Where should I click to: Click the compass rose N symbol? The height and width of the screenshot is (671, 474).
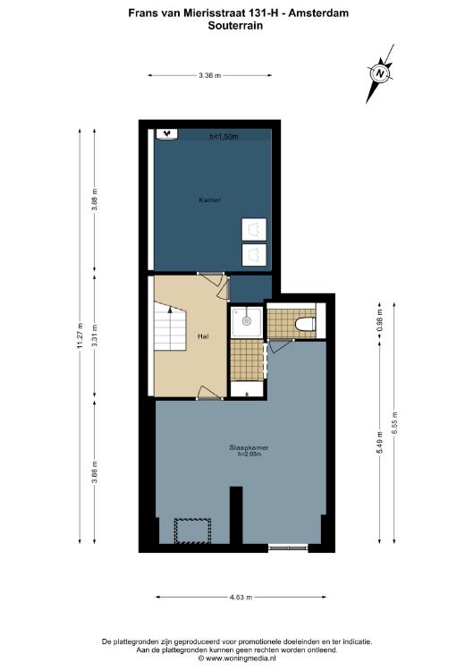pyautogui.click(x=379, y=73)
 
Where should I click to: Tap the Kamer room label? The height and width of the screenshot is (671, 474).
pyautogui.click(x=209, y=200)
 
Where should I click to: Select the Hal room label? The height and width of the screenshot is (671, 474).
pyautogui.click(x=203, y=336)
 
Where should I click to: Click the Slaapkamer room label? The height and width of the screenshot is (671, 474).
pyautogui.click(x=249, y=447)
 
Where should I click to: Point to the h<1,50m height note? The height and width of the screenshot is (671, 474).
pyautogui.click(x=224, y=137)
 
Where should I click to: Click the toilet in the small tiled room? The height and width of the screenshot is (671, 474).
pyautogui.click(x=306, y=324)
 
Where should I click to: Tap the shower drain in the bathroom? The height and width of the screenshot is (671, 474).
pyautogui.click(x=246, y=320)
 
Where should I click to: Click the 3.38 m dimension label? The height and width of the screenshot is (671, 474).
pyautogui.click(x=209, y=75)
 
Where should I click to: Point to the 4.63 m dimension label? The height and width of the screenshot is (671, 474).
pyautogui.click(x=241, y=597)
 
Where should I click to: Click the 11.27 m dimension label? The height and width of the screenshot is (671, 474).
pyautogui.click(x=80, y=335)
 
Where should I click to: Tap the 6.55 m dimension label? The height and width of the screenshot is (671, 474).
pyautogui.click(x=394, y=423)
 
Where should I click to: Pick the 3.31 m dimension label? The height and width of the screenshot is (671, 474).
pyautogui.click(x=95, y=335)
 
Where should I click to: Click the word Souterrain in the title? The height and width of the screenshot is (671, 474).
pyautogui.click(x=235, y=25)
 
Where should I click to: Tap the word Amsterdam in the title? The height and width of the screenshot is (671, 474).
pyautogui.click(x=318, y=13)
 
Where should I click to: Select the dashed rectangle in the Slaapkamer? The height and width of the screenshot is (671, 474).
pyautogui.click(x=192, y=531)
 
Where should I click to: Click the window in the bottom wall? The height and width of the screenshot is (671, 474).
pyautogui.click(x=288, y=547)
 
